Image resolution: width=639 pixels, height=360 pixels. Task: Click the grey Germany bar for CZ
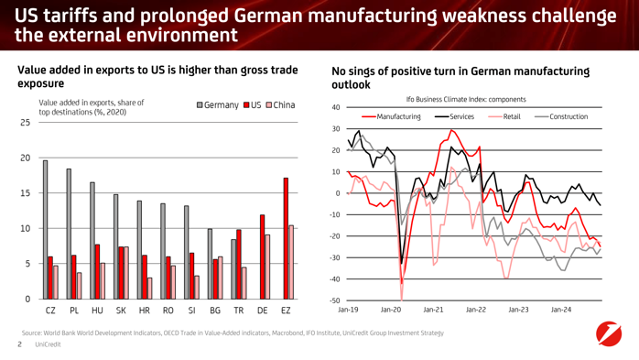click(45, 230)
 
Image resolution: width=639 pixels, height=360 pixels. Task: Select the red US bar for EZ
click(286, 238)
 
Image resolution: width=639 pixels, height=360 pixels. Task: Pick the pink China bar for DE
click(267, 267)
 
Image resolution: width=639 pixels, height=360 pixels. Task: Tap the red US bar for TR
click(239, 264)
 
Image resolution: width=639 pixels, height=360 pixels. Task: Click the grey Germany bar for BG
click(210, 264)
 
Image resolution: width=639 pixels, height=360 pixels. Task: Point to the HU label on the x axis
click(97, 311)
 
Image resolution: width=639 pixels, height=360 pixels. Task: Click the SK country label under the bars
click(121, 311)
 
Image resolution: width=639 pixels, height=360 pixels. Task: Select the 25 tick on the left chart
click(26, 123)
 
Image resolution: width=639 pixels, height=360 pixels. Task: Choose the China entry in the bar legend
click(280, 105)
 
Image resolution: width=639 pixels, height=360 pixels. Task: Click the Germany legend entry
click(218, 105)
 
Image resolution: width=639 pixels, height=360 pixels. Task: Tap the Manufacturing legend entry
click(391, 116)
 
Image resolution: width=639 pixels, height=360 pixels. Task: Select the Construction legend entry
click(561, 116)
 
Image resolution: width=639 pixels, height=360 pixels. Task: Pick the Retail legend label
click(512, 116)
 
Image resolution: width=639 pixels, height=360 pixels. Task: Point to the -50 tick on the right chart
click(334, 300)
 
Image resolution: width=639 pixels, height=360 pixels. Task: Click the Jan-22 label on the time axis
click(475, 310)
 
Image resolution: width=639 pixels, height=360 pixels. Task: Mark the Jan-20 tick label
click(390, 310)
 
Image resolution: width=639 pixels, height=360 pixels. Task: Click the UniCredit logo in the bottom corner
click(609, 333)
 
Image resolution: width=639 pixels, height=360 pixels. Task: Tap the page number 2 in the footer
click(19, 344)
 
